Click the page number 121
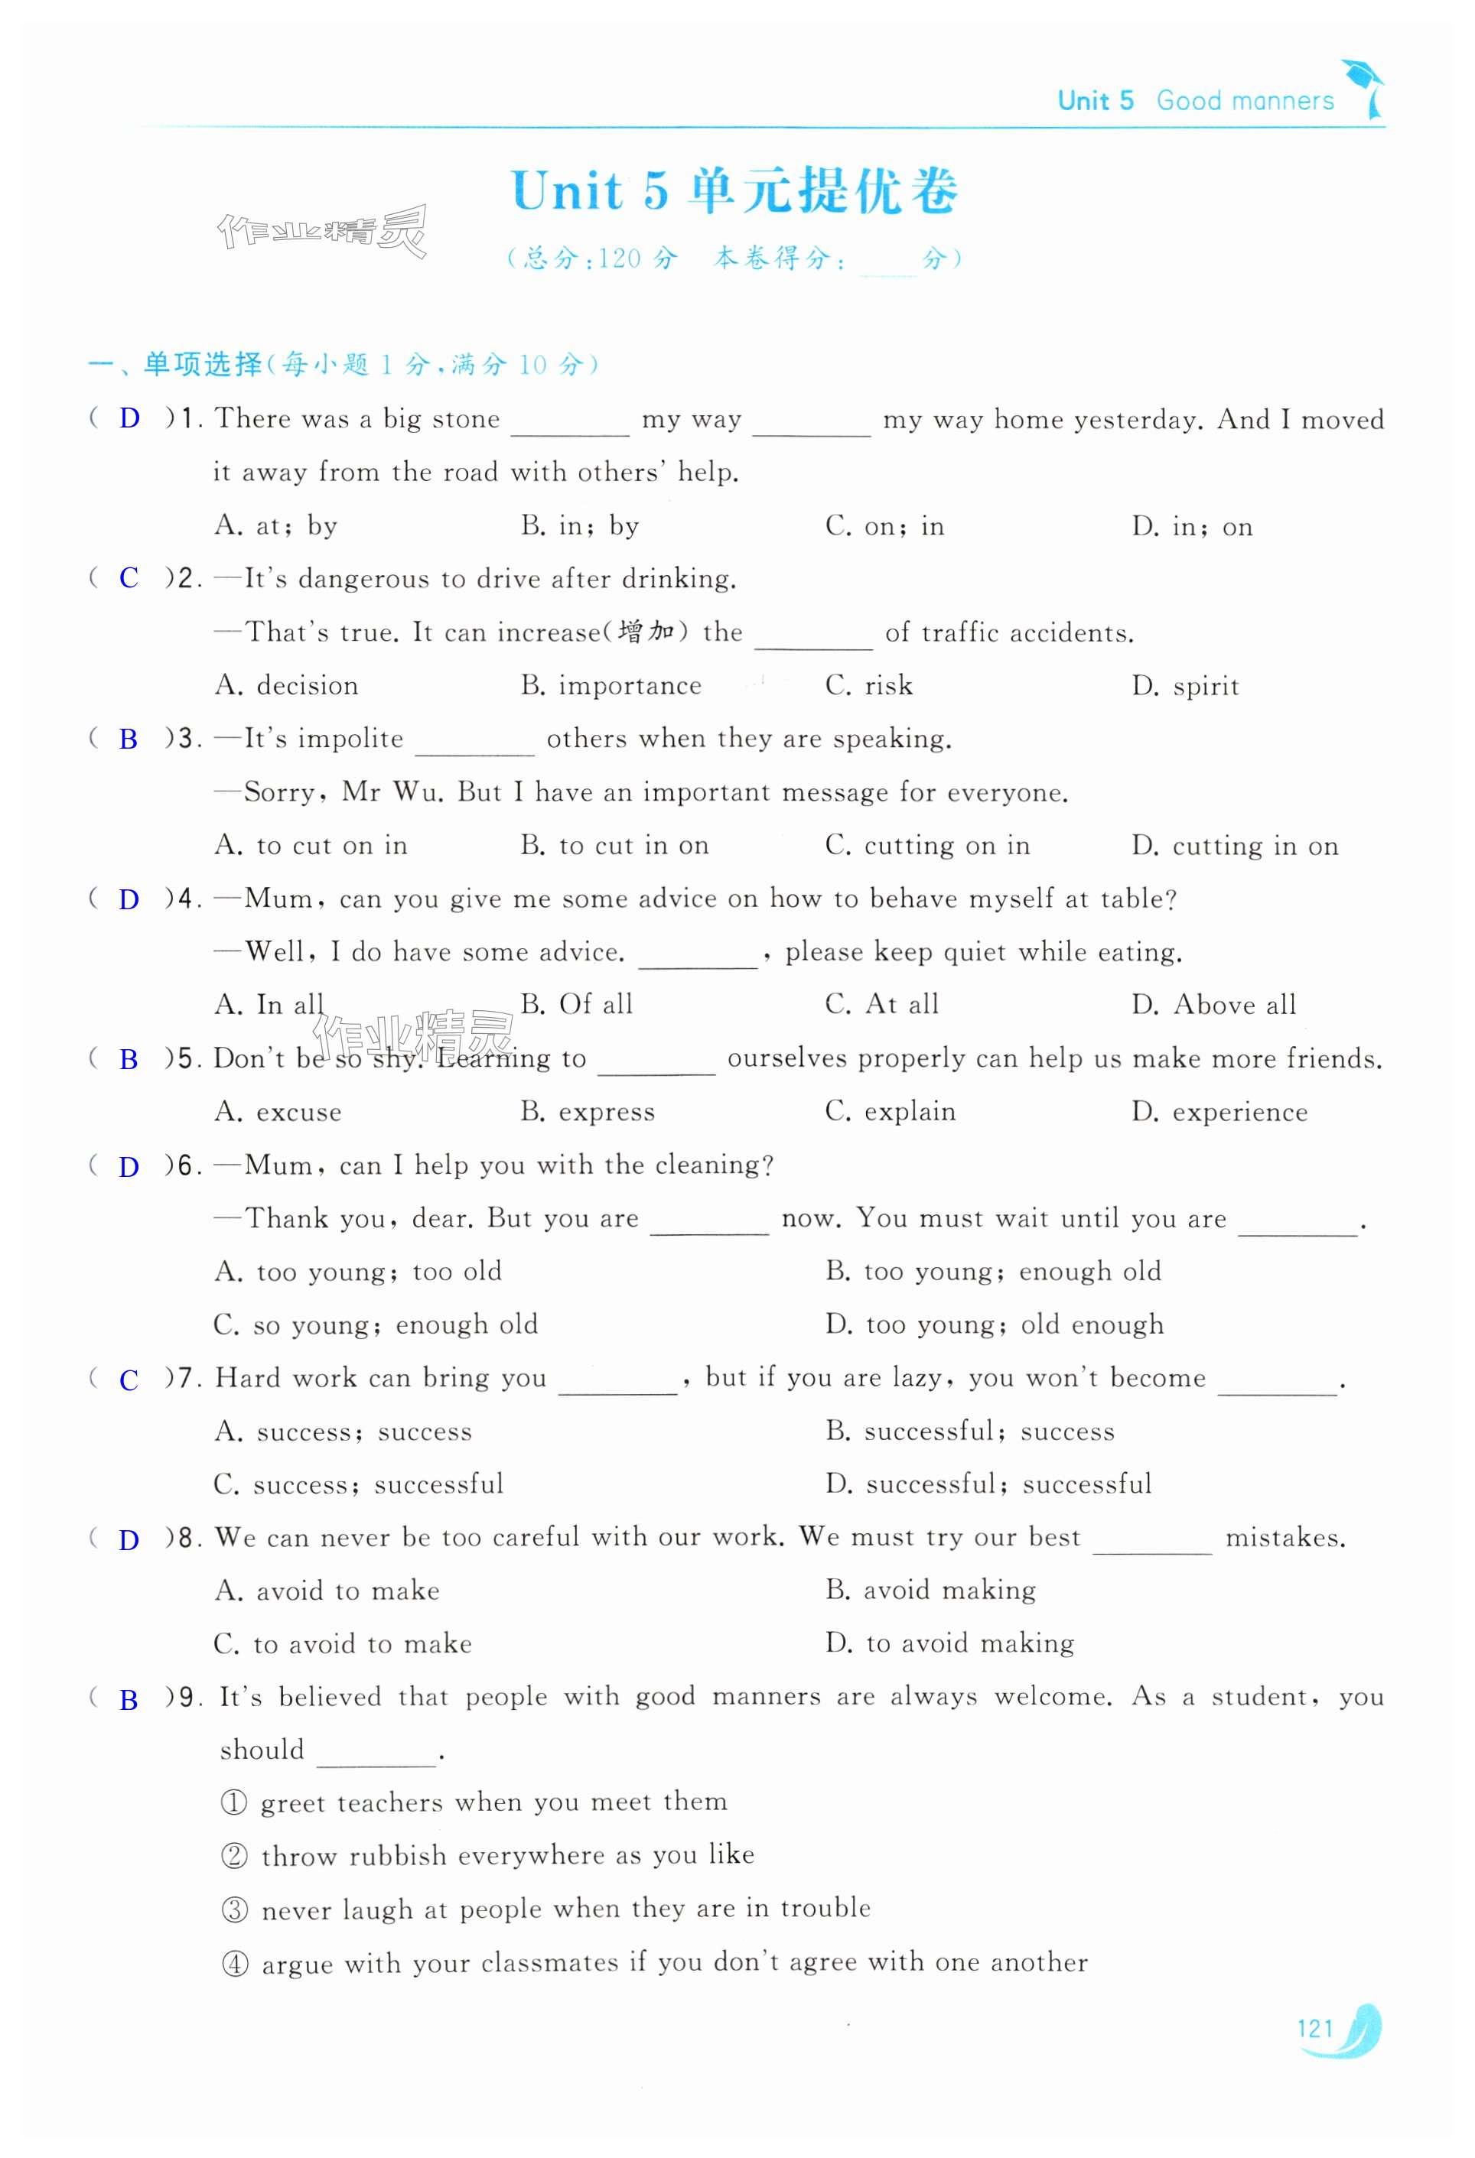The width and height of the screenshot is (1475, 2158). pyautogui.click(x=1314, y=2028)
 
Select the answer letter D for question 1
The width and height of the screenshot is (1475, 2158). pyautogui.click(x=129, y=419)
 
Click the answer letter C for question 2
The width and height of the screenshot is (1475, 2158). pyautogui.click(x=129, y=578)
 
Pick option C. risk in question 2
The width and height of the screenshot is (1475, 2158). pyautogui.click(x=868, y=686)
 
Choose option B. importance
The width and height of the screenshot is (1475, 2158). pyautogui.click(x=611, y=686)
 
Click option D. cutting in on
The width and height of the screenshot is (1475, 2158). pyautogui.click(x=1235, y=846)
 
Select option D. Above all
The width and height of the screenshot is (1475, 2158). pyautogui.click(x=1213, y=1005)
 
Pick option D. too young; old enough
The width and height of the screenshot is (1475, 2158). pyautogui.click(x=994, y=1324)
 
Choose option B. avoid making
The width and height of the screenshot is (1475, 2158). pyautogui.click(x=931, y=1591)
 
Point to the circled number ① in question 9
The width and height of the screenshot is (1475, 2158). pyautogui.click(x=234, y=1803)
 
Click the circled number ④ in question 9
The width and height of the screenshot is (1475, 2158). pyautogui.click(x=235, y=1964)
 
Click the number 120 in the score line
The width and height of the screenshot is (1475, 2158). pyautogui.click(x=620, y=258)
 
